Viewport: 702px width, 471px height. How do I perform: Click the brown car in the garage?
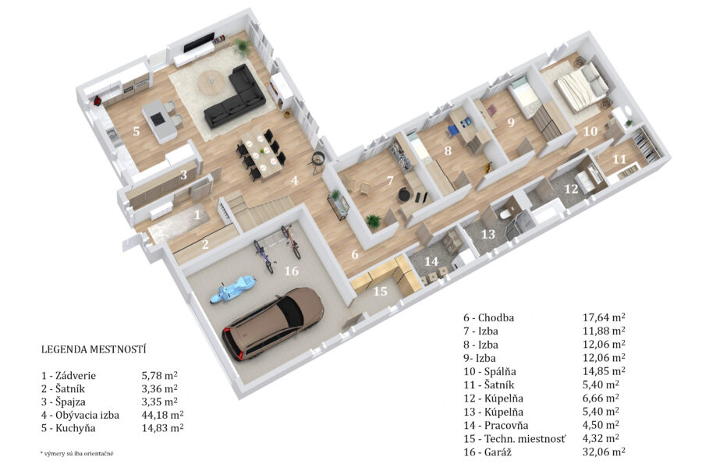coord(273,324)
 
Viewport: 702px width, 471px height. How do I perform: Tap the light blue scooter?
coord(232,289)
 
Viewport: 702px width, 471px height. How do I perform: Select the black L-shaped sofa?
coord(235,97)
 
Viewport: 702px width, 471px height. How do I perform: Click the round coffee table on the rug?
coord(212,83)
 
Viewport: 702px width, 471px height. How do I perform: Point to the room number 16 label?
coord(291,271)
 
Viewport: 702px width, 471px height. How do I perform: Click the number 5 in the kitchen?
coord(136,131)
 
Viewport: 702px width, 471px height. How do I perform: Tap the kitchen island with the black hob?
coord(159,120)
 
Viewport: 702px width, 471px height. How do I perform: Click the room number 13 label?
coord(488,234)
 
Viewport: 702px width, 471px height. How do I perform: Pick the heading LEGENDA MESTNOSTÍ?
coord(94,349)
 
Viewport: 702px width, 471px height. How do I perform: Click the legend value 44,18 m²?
coord(162,415)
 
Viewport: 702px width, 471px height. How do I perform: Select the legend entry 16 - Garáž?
coord(487,452)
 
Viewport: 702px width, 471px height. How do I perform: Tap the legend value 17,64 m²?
coord(604,317)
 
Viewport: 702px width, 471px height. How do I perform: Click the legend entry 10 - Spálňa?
coord(490,372)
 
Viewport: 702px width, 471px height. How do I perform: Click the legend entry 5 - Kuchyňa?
coord(69,428)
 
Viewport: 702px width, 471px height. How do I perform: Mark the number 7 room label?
coord(390,180)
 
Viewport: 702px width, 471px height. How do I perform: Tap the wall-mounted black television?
coord(198,42)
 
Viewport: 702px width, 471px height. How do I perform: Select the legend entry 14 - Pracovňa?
coord(496,425)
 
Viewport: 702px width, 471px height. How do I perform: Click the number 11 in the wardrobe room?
coord(619,159)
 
